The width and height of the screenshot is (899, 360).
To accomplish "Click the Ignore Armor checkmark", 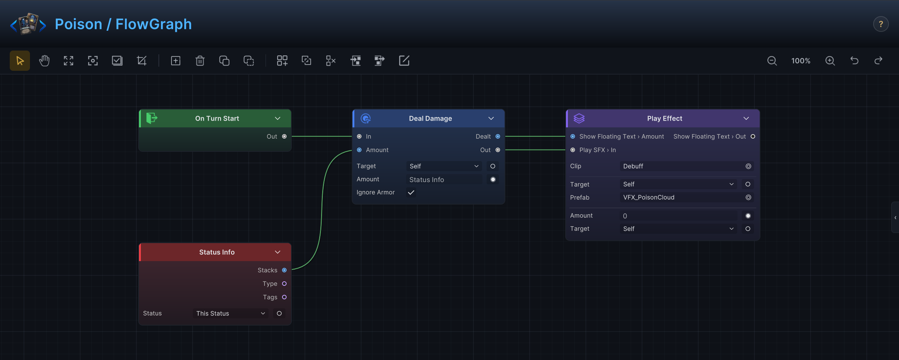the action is point(411,193).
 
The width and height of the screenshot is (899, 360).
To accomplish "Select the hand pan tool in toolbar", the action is point(44,61).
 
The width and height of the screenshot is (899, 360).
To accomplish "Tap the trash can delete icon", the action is point(200,61).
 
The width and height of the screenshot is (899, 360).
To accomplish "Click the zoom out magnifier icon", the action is point(772,61).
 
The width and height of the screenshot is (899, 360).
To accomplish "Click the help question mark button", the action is point(881,24).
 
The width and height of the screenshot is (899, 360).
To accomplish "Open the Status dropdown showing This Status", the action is point(231,314).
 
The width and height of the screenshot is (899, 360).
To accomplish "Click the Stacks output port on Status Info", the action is point(284,270).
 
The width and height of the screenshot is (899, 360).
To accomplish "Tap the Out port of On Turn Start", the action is point(284,136).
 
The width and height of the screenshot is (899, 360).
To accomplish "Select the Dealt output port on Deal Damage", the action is point(498,136).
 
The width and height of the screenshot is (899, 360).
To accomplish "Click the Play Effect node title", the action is point(665,118).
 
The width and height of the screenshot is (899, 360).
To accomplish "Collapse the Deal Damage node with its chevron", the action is point(491,118).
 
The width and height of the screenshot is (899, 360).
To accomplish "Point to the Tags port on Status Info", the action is point(284,297).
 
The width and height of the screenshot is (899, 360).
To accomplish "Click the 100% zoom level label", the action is point(801,61).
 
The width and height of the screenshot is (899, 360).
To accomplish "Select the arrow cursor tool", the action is point(20,61).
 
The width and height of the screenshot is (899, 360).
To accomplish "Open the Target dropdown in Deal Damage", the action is point(444,166).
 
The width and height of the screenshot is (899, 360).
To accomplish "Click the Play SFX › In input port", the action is point(573,150).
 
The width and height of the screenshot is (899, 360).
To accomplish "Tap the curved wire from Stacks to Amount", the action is point(321,210).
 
